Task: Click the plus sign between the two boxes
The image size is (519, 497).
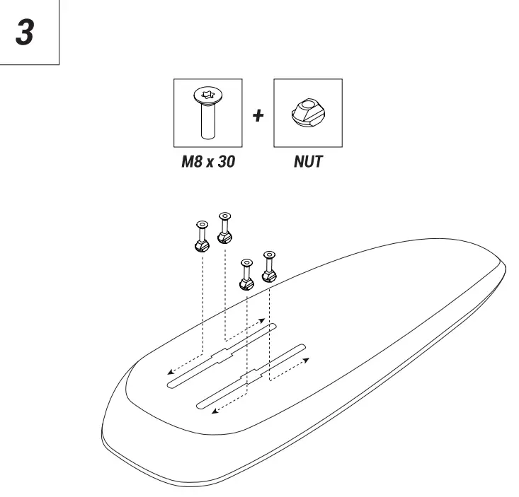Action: [258, 115]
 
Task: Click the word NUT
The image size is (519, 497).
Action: [307, 161]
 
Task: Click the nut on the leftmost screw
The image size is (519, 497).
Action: [200, 245]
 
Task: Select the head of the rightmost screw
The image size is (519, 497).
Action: [269, 254]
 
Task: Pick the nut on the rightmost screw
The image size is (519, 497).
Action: [269, 274]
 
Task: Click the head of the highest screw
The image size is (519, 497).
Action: [225, 215]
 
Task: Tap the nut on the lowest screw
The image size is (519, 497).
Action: [246, 283]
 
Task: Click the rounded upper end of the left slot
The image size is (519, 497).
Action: [274, 326]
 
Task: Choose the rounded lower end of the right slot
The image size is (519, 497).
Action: [201, 406]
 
